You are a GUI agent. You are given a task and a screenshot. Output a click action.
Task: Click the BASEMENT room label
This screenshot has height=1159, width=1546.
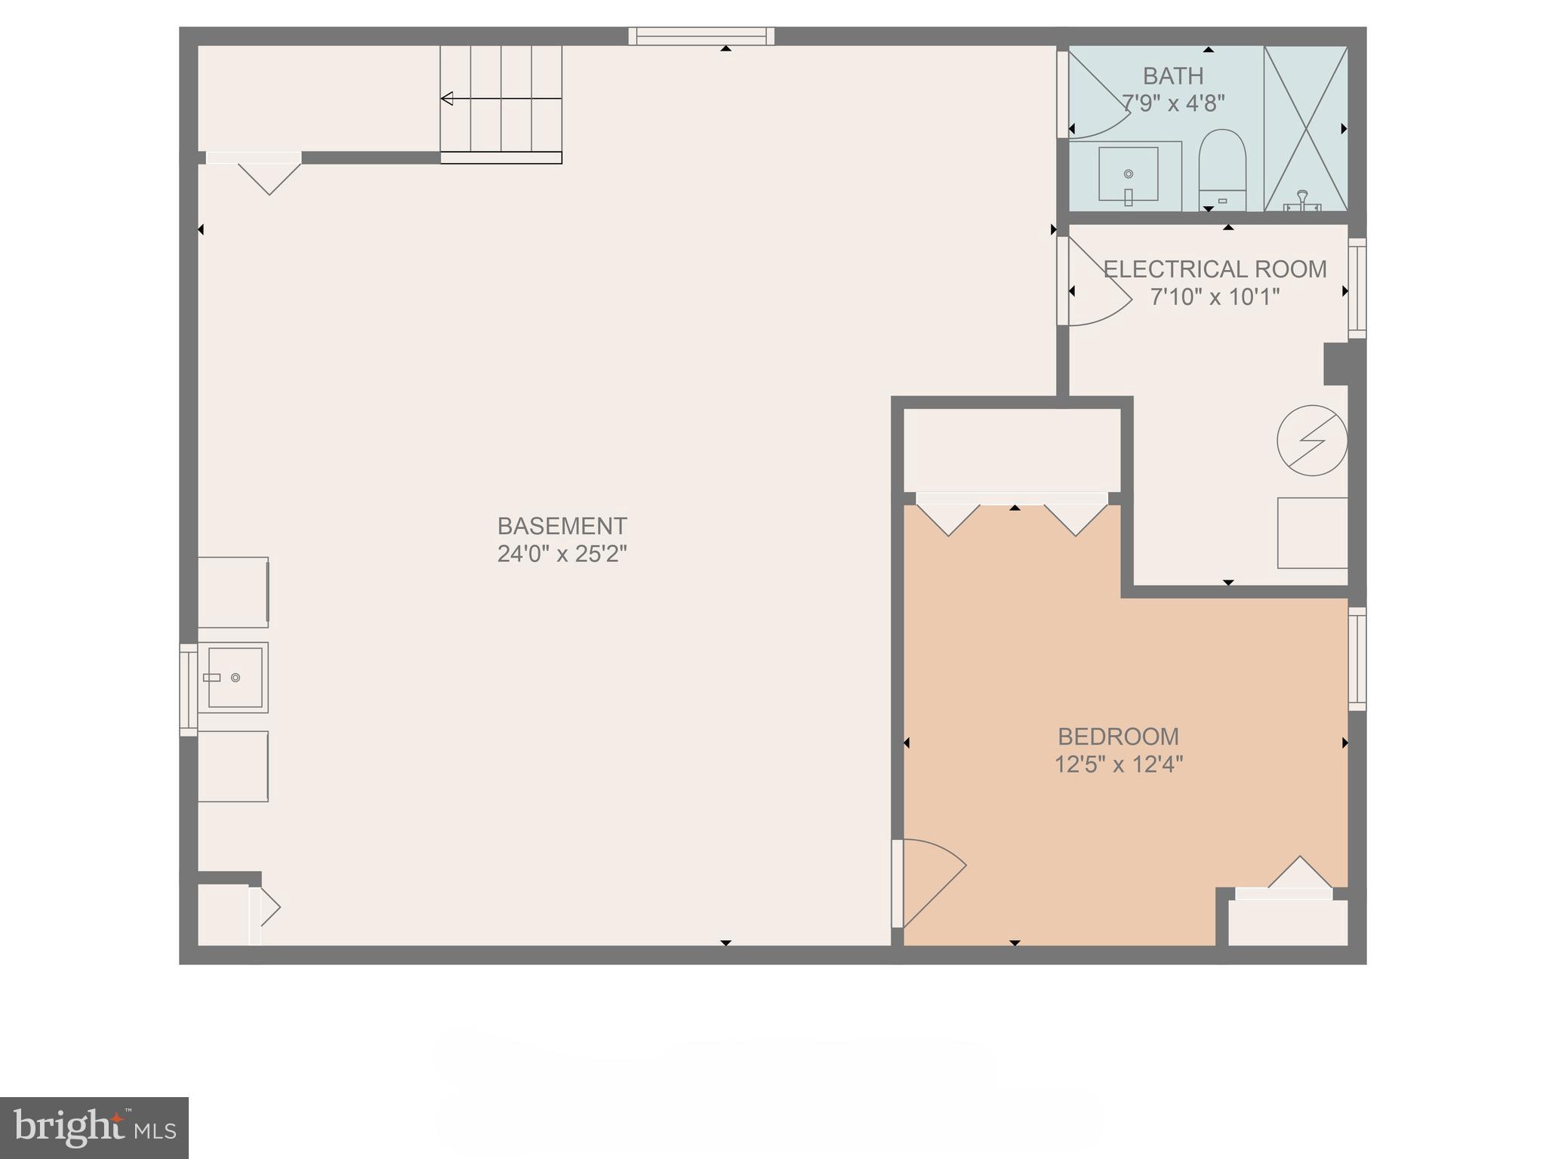562,526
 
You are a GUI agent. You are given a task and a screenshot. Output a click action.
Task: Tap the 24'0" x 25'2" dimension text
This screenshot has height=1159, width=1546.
562,554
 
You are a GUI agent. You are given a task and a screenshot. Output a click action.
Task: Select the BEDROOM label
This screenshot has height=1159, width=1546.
1118,736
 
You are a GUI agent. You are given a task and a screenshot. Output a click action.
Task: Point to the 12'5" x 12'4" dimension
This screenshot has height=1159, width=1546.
1118,764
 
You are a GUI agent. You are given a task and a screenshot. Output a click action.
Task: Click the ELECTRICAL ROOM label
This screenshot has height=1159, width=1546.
1215,269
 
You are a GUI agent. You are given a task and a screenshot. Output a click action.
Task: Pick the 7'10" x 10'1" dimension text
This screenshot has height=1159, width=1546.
1215,297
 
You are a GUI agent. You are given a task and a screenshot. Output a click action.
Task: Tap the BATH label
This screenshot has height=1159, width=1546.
1172,76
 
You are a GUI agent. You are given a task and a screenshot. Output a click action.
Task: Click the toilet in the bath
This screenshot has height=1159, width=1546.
1222,170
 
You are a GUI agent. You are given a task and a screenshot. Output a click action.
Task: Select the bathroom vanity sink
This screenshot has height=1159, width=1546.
1128,174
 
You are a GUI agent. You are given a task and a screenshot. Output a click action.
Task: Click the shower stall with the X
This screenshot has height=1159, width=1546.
1305,128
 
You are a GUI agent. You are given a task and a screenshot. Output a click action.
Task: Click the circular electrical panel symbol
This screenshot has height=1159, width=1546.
1312,441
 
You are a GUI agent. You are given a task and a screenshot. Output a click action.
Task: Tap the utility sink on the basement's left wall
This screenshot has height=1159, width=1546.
233,678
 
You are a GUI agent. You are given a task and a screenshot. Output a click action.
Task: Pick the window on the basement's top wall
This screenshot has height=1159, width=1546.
701,36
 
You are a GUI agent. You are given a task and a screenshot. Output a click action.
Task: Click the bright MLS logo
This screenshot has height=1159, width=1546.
94,1127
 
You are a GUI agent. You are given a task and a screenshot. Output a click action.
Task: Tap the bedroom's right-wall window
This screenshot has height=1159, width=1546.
1357,658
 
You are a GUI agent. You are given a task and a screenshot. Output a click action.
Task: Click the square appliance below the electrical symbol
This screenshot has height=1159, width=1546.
1312,533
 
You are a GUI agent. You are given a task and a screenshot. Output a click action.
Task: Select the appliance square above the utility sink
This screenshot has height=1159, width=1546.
233,592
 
